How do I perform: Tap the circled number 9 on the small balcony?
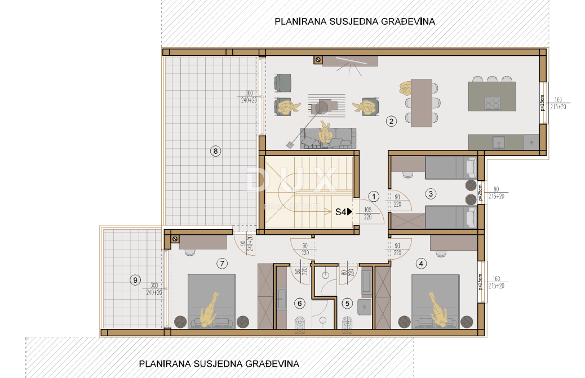point(134,279)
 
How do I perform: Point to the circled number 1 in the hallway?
point(373,196)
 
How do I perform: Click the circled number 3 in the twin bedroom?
point(431,194)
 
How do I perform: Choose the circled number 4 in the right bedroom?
point(422,263)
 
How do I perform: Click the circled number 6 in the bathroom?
point(300,304)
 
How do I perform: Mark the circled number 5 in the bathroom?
point(347,304)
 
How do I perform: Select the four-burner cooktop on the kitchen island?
point(493,103)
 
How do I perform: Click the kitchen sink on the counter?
point(499,142)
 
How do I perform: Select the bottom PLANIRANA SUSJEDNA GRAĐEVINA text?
point(219,363)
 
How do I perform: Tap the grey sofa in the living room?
point(329,138)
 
